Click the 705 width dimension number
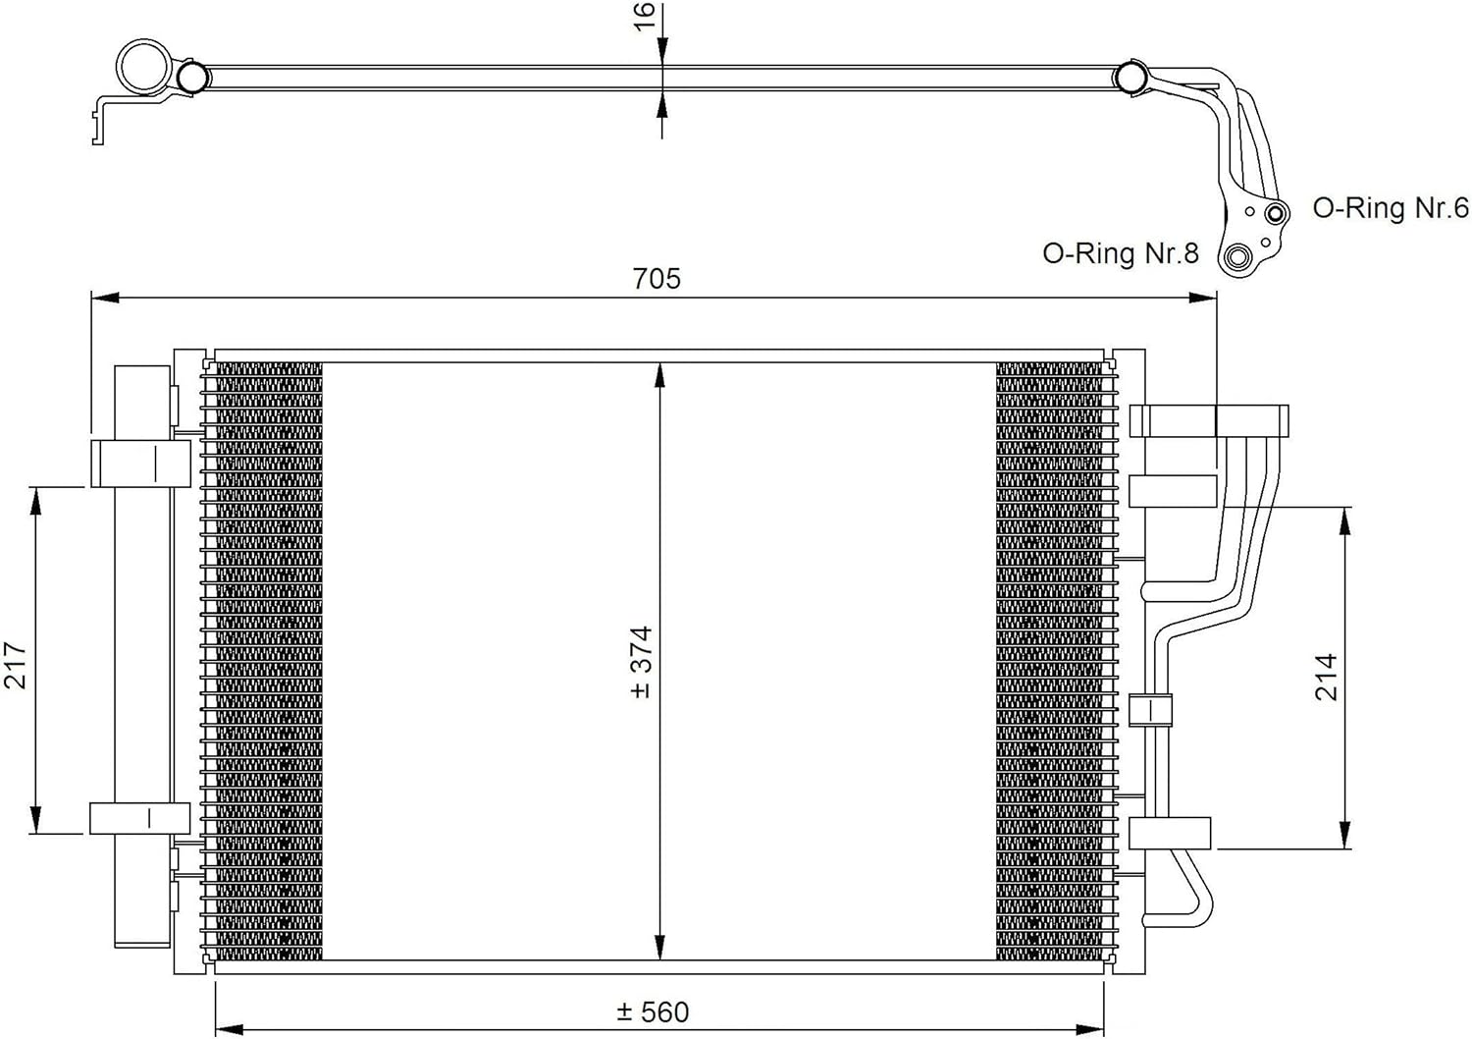[657, 279]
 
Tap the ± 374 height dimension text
[641, 662]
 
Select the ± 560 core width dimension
[654, 1012]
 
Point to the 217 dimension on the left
[16, 665]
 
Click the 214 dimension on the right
[1326, 677]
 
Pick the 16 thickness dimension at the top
[644, 16]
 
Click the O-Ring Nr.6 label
[1391, 208]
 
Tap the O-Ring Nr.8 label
[1120, 253]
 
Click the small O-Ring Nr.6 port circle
[1275, 213]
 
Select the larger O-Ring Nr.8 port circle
[1237, 258]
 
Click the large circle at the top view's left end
[143, 67]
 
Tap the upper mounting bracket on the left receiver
[139, 463]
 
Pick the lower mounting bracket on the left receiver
[139, 818]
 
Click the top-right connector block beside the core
[1208, 420]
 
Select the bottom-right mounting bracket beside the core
[1169, 833]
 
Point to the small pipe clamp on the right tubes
[1151, 710]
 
